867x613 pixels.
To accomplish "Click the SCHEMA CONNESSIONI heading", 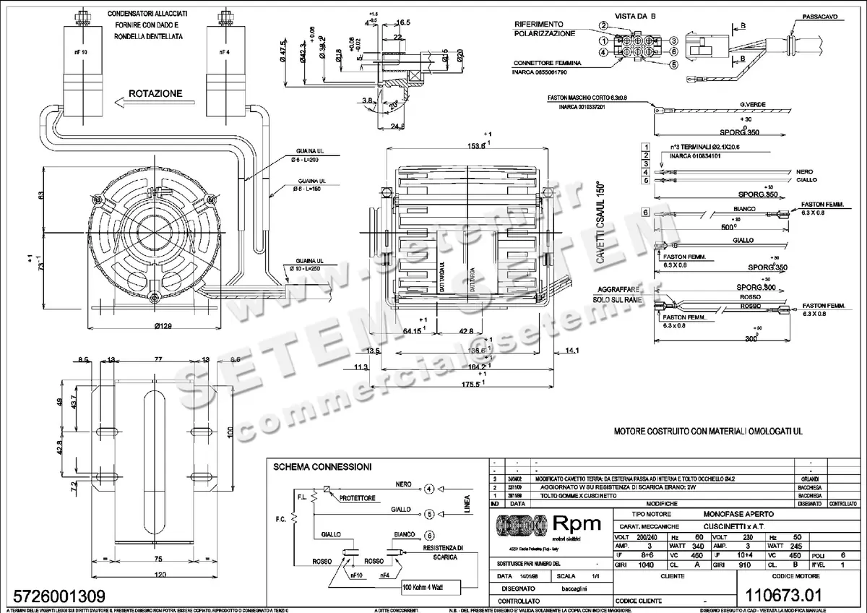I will pos(322,467).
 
